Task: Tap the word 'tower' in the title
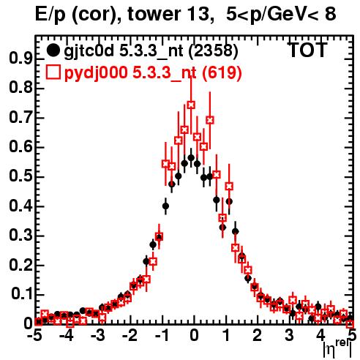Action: click(154, 14)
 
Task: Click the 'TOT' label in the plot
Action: click(308, 50)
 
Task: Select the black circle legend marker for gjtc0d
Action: click(53, 50)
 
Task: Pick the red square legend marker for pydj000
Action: click(53, 72)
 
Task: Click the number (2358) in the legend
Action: click(213, 51)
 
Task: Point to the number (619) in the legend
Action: click(222, 72)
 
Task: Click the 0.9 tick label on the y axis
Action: click(20, 59)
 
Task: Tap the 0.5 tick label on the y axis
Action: click(20, 176)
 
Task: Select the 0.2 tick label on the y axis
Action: click(20, 265)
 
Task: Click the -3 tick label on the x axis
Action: click(98, 335)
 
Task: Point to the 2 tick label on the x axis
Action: click(257, 335)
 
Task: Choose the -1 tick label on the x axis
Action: click(162, 335)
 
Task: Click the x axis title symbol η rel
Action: click(338, 349)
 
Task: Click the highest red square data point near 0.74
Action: click(191, 105)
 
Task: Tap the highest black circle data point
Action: click(191, 157)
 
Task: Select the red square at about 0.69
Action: click(210, 120)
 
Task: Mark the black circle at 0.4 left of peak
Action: click(165, 206)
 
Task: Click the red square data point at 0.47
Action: click(229, 186)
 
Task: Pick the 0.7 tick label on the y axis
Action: click(20, 118)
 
